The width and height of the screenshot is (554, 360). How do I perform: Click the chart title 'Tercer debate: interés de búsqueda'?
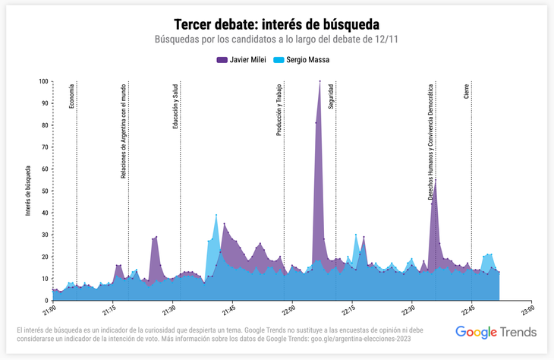pyautogui.click(x=277, y=24)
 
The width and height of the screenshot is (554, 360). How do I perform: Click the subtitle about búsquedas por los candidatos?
pyautogui.click(x=277, y=39)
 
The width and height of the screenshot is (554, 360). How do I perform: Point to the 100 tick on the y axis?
pyautogui.click(x=43, y=81)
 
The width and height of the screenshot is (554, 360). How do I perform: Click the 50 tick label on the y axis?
pyautogui.click(x=45, y=191)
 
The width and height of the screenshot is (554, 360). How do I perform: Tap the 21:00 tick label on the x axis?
pyautogui.click(x=49, y=311)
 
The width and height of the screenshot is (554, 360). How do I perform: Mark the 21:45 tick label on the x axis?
pyautogui.click(x=228, y=311)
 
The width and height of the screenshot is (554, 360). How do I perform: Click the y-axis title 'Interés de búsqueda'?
pyautogui.click(x=28, y=191)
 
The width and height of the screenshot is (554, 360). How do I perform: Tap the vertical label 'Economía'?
pyautogui.click(x=72, y=96)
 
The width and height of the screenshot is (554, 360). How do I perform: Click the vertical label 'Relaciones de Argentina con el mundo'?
pyautogui.click(x=124, y=131)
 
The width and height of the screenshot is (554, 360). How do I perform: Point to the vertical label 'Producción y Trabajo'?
pyautogui.click(x=279, y=109)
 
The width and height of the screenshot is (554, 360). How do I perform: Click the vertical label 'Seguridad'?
pyautogui.click(x=331, y=96)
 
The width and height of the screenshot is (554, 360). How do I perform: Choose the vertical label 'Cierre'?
pyautogui.click(x=466, y=92)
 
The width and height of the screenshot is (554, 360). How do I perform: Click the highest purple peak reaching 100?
pyautogui.click(x=320, y=81)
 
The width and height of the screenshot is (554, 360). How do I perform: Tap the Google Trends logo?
pyautogui.click(x=496, y=332)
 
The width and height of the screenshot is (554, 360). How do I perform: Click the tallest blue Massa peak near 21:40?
pyautogui.click(x=216, y=216)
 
